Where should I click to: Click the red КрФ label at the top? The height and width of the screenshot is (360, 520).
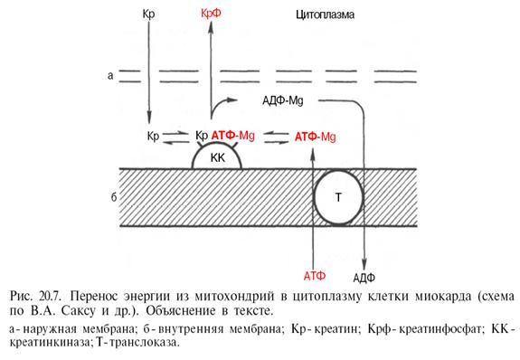pyautogui.click(x=211, y=14)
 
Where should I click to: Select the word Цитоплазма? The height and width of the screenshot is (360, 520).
pyautogui.click(x=325, y=14)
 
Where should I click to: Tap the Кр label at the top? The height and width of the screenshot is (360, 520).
pyautogui.click(x=148, y=14)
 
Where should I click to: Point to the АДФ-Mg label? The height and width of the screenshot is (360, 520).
pyautogui.click(x=282, y=100)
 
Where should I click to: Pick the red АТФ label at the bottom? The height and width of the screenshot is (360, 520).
pyautogui.click(x=315, y=276)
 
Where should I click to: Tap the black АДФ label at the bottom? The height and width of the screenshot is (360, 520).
pyautogui.click(x=364, y=278)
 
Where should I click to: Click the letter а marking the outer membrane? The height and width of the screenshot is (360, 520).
pyautogui.click(x=110, y=76)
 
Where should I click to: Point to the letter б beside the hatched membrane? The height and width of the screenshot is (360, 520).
pyautogui.click(x=114, y=197)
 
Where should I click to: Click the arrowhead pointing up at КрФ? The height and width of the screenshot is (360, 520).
pyautogui.click(x=211, y=26)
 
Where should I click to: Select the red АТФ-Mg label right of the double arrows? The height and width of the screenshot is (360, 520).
pyautogui.click(x=315, y=137)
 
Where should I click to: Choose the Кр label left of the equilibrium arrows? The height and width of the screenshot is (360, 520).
pyautogui.click(x=153, y=137)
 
